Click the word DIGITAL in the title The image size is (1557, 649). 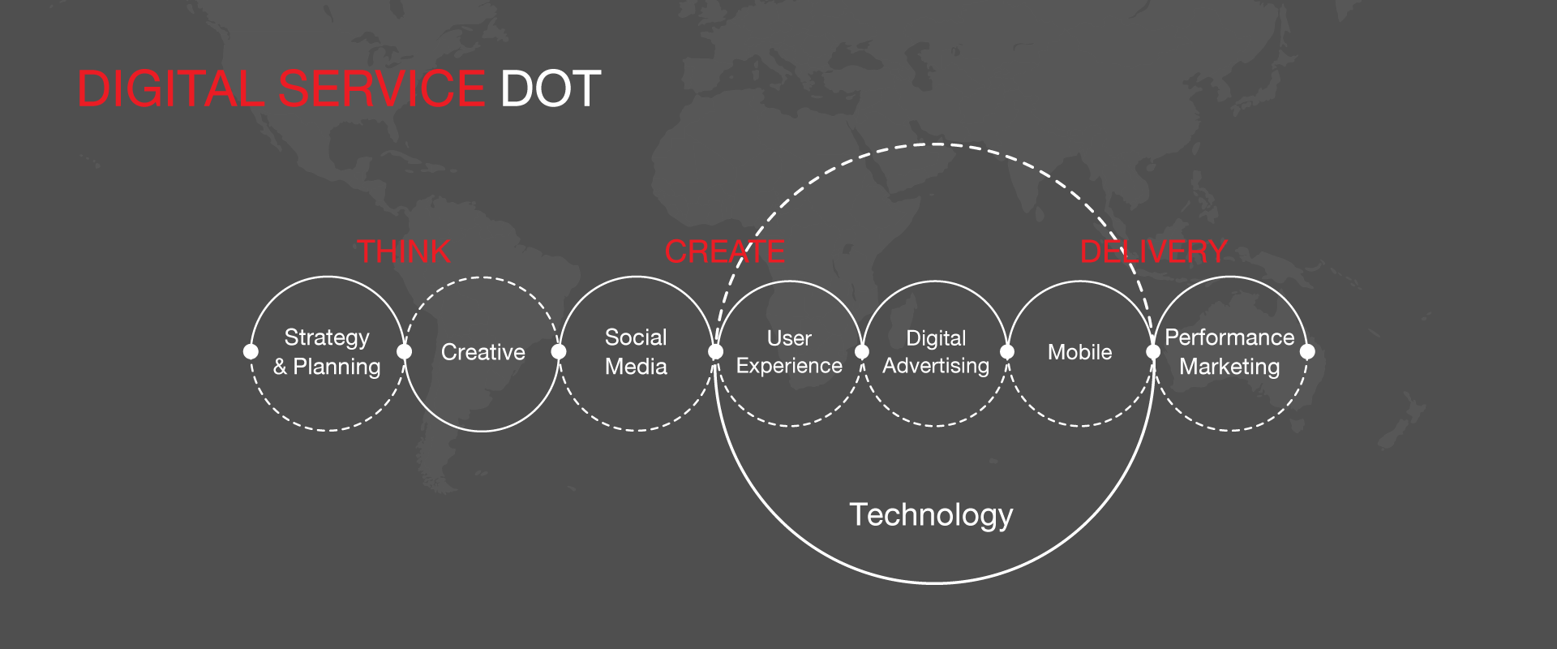click(169, 88)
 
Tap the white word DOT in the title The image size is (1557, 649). click(551, 88)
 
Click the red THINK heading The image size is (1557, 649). click(404, 251)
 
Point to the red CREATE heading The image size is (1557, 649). click(725, 251)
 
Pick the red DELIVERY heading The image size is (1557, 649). click(1153, 251)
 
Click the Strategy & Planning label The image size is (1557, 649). click(327, 352)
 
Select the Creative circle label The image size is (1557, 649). click(483, 352)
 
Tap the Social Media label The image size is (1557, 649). click(636, 352)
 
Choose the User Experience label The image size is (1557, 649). click(789, 352)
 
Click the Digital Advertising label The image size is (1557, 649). click(936, 352)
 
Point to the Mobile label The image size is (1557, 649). click(1079, 352)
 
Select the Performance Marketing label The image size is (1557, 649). click(1229, 352)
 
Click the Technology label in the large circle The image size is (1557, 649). click(931, 515)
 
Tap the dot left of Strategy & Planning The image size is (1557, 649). click(251, 351)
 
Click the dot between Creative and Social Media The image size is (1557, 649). click(558, 351)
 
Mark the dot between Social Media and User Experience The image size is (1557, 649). click(715, 351)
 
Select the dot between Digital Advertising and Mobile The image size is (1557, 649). click(1007, 351)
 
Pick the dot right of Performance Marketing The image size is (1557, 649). click(1307, 351)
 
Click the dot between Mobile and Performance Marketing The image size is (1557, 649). click(1153, 351)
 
